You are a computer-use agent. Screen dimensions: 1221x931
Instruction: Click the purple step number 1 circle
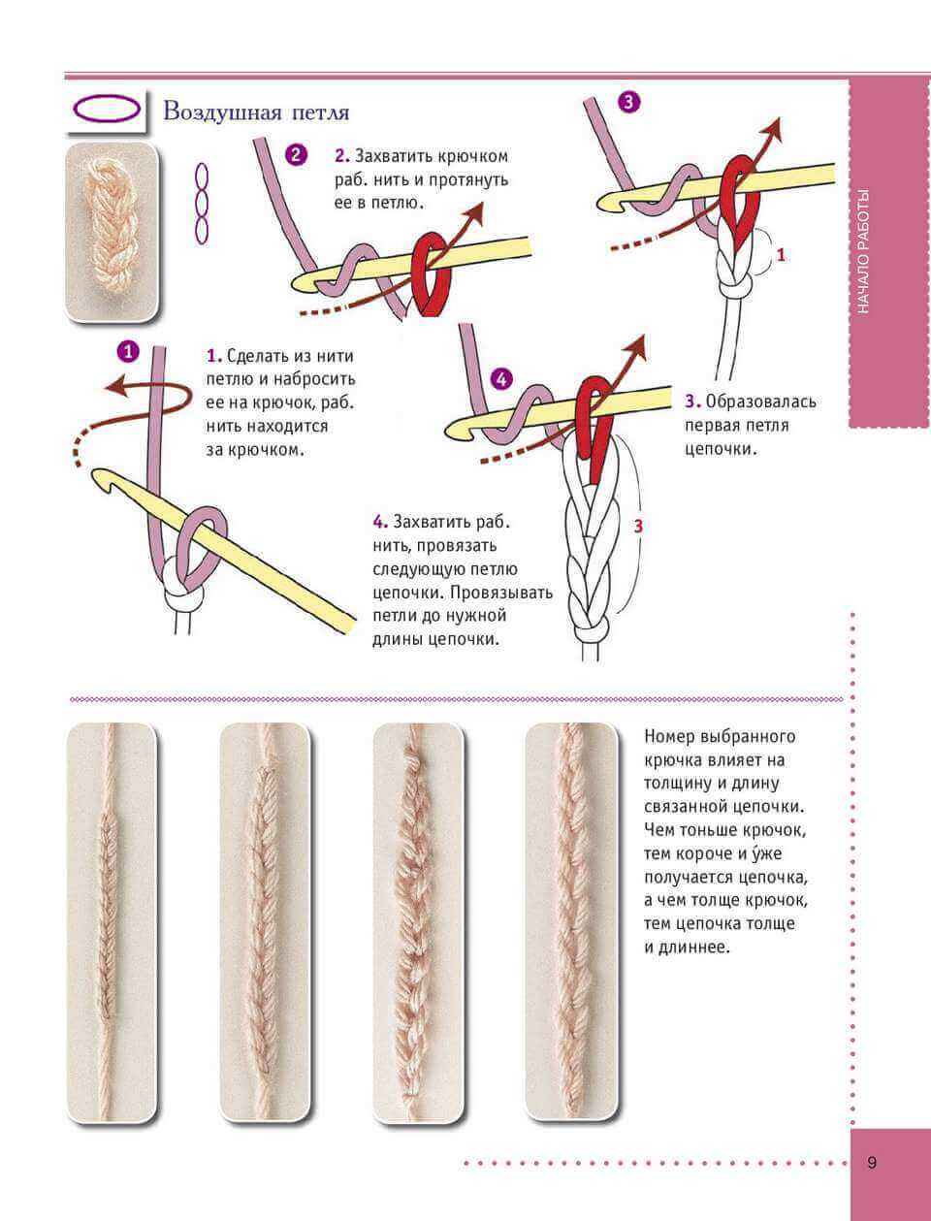127,351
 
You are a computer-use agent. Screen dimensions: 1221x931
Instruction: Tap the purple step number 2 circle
296,155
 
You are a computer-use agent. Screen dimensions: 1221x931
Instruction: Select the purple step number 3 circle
627,102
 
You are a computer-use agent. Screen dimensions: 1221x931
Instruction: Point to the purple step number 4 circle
500,379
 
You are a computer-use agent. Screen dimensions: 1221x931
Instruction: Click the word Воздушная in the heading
220,112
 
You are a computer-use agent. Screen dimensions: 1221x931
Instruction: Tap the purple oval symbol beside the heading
107,108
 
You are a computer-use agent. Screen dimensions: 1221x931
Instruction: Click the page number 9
872,1163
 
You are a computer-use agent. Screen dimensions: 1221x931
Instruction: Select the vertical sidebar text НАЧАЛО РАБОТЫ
865,251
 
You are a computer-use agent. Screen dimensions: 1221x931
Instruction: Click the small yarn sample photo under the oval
111,232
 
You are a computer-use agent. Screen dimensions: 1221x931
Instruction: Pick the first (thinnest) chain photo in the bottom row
112,921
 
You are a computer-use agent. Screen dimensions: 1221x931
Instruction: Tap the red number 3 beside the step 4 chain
638,527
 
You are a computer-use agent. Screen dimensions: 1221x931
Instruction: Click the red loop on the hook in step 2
427,273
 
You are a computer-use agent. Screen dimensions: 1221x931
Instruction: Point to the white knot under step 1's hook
178,587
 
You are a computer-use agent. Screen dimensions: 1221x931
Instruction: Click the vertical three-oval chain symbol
202,203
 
